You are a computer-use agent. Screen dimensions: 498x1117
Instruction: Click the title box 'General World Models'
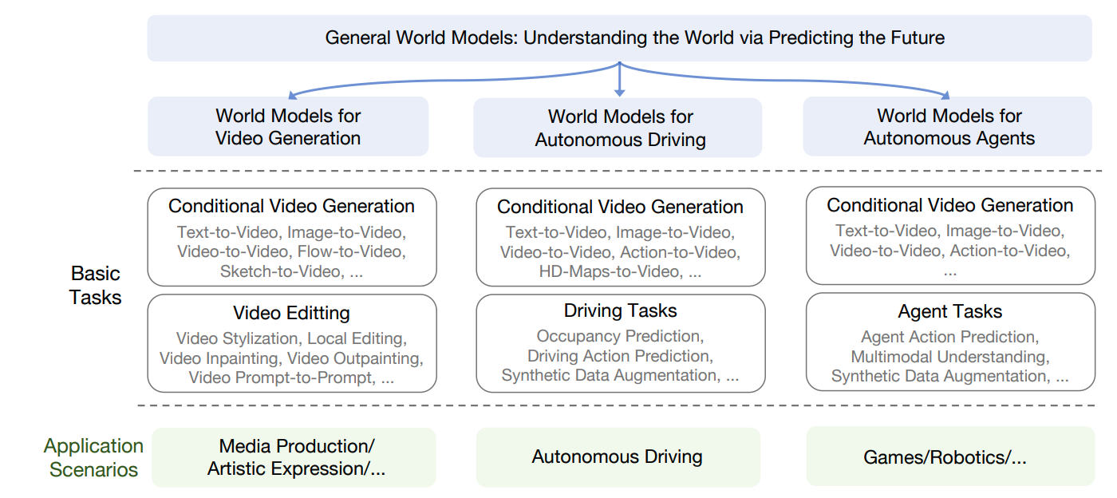[x=619, y=38]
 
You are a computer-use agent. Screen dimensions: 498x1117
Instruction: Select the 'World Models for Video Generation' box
[x=288, y=127]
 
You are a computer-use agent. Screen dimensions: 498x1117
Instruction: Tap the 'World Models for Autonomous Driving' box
[x=620, y=128]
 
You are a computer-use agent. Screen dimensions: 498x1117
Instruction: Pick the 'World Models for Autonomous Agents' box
[x=949, y=127]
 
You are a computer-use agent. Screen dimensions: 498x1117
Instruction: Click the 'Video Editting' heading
[x=291, y=313]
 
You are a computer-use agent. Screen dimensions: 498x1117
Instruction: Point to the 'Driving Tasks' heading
[x=620, y=310]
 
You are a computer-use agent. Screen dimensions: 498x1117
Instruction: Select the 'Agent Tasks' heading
[x=949, y=311]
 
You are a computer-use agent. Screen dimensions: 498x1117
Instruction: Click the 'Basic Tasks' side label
[x=95, y=285]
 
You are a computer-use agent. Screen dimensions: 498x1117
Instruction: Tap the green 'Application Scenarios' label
[x=93, y=457]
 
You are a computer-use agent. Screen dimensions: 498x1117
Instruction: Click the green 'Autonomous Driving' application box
[x=617, y=457]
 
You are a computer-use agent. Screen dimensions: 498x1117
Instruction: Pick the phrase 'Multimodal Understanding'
[x=948, y=357]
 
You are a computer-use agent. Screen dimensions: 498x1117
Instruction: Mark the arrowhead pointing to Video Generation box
[x=292, y=94]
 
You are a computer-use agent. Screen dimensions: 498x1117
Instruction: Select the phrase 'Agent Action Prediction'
[x=948, y=338]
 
